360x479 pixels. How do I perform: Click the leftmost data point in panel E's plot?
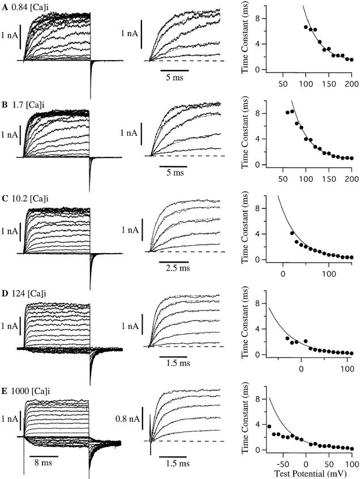(269, 426)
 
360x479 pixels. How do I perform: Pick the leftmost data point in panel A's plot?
(306, 27)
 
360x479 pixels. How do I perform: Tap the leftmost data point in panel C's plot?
(292, 233)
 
